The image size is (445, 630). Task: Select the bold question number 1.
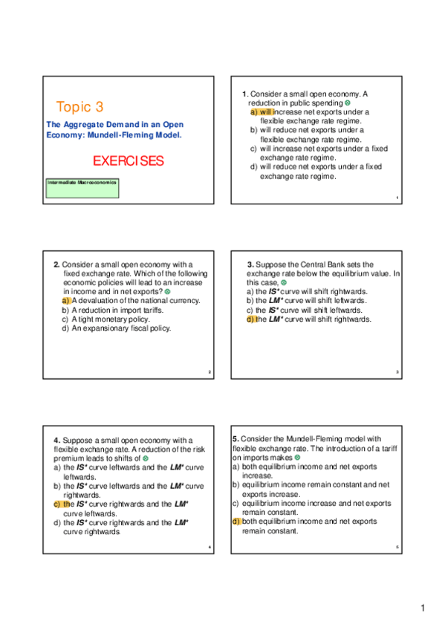click(x=245, y=94)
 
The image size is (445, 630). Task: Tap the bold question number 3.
click(x=250, y=264)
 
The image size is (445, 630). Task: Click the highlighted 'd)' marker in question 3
click(x=250, y=319)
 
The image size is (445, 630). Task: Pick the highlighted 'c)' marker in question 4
click(x=58, y=504)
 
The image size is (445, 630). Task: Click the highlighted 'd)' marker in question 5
click(x=236, y=522)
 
